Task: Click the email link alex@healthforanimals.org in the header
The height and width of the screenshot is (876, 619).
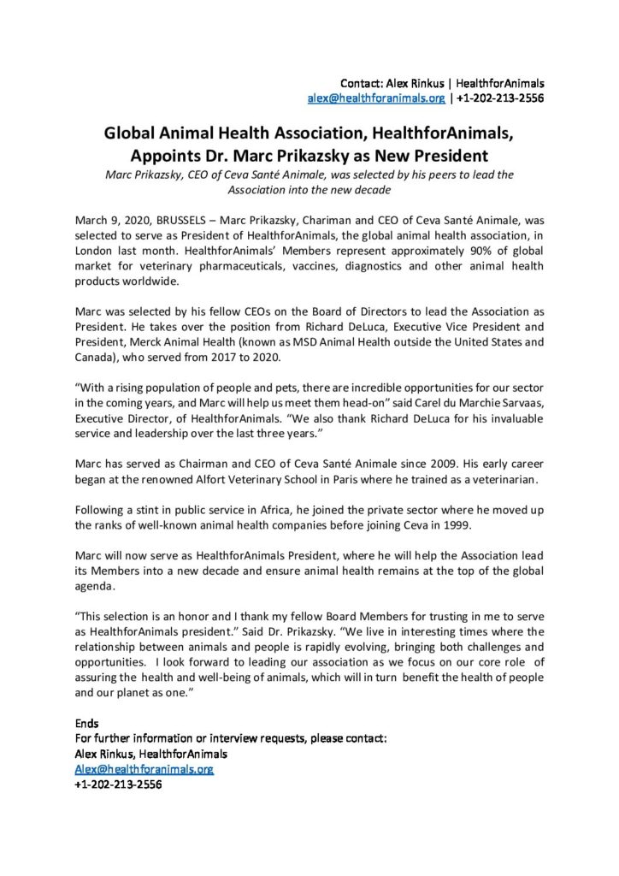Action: point(376,98)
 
